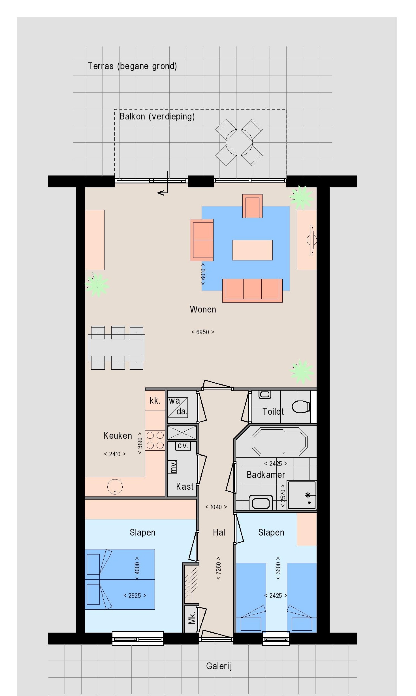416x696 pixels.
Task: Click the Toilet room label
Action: click(x=273, y=411)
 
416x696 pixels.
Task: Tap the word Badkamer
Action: click(x=266, y=474)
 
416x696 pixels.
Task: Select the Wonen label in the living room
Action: click(x=203, y=309)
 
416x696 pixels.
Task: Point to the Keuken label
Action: click(x=118, y=435)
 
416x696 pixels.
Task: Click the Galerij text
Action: click(x=219, y=666)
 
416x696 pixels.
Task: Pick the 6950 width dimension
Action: click(x=203, y=332)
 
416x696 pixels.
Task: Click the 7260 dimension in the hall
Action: click(x=218, y=568)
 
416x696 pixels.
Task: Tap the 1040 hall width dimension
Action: click(x=216, y=507)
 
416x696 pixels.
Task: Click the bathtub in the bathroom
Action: click(x=280, y=442)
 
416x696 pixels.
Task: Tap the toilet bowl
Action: click(x=301, y=407)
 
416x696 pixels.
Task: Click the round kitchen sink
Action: click(x=115, y=487)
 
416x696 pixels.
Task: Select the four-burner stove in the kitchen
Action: click(x=155, y=440)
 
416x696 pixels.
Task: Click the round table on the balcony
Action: click(x=239, y=142)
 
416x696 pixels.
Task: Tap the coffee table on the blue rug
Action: click(x=252, y=250)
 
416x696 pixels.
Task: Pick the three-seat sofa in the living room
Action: click(x=252, y=290)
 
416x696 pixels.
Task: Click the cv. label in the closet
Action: click(x=183, y=446)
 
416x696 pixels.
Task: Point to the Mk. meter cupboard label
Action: click(x=192, y=618)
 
